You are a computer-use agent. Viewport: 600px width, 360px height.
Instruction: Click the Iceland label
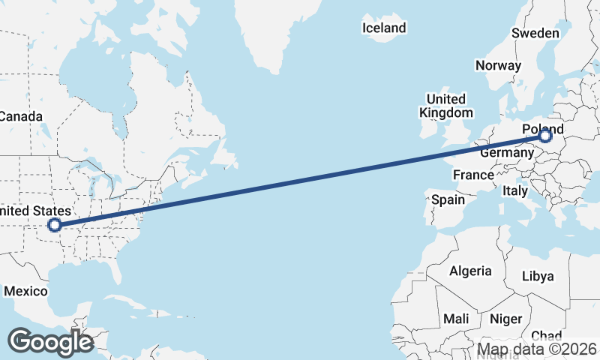384,28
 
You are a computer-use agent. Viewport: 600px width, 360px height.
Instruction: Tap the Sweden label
535,33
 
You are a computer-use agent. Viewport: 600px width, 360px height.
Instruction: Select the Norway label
498,65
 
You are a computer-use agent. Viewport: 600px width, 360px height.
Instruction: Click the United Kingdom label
446,106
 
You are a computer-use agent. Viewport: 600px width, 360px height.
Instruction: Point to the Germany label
506,152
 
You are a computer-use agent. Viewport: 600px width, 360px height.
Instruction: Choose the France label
473,175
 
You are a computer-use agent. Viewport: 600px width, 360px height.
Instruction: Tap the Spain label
448,200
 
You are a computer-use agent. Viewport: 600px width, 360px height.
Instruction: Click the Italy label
515,191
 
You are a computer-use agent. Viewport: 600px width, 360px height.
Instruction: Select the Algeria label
470,271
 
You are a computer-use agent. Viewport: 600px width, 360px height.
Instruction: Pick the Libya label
538,276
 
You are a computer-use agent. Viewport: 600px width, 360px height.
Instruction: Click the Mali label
456,319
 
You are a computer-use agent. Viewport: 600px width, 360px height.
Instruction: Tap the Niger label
505,319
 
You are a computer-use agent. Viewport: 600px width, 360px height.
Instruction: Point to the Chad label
546,335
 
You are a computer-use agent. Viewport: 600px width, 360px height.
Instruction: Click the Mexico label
25,291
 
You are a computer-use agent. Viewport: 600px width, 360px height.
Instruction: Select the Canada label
21,116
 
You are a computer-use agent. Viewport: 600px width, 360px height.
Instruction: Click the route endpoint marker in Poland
545,136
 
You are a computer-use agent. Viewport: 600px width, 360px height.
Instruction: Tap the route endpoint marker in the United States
54,224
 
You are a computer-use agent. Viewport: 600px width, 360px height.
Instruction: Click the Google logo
50,341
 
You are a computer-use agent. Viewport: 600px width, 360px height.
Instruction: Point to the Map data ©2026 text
538,349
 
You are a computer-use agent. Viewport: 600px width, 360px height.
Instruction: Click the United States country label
36,211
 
